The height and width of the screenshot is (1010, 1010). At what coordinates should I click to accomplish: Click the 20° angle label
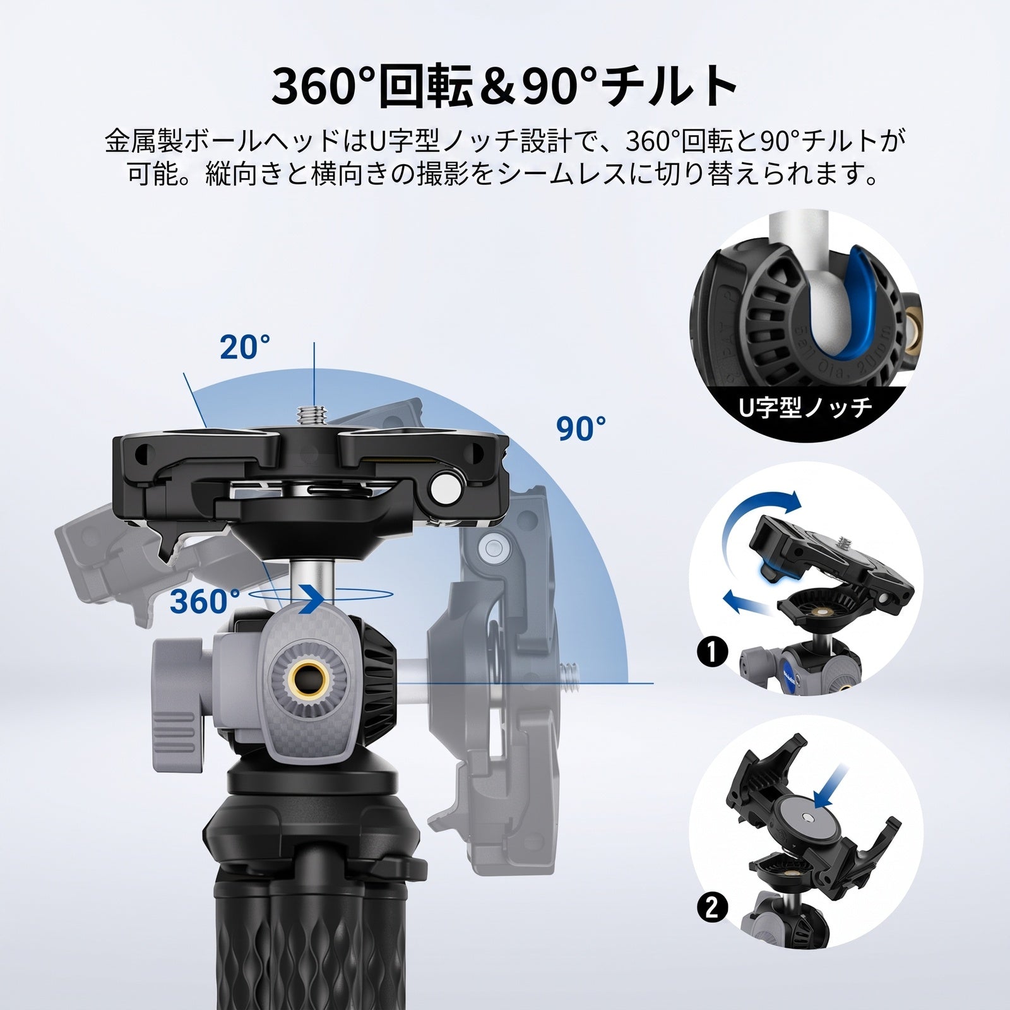(245, 347)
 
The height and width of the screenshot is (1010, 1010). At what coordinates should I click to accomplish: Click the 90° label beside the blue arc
(581, 429)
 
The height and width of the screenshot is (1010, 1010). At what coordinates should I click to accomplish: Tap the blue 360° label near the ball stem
(205, 602)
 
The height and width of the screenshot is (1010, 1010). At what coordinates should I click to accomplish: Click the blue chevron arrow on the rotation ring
(311, 598)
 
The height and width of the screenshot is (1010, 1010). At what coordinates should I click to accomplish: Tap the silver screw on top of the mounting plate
(312, 417)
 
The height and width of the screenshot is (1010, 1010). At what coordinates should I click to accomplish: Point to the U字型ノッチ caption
(805, 407)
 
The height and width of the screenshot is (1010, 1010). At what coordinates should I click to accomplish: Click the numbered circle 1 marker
(711, 651)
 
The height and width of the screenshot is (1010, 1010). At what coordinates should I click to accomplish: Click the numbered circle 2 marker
(711, 908)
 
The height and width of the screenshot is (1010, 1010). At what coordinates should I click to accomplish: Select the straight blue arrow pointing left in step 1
(749, 603)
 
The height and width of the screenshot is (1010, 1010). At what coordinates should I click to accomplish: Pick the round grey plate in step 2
(805, 821)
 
